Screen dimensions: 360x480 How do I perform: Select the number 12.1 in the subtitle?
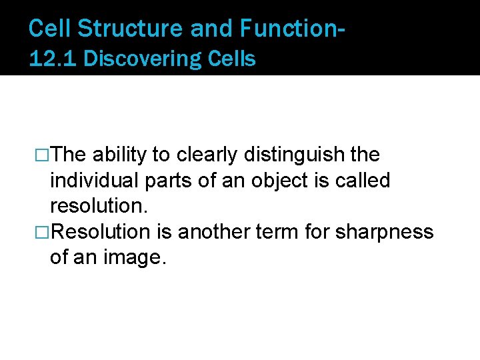pos(54,59)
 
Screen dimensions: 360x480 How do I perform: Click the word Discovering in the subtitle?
pos(137,59)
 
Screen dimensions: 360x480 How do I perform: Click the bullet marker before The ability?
pos(43,155)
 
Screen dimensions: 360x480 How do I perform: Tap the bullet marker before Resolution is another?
pos(43,232)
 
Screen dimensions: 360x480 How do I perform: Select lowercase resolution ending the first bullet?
pos(96,207)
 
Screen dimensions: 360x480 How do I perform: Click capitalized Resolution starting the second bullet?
pos(101,232)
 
